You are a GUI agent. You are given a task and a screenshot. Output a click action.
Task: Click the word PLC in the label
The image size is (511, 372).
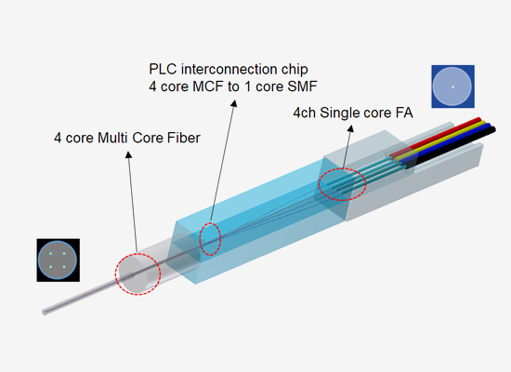pos(164,70)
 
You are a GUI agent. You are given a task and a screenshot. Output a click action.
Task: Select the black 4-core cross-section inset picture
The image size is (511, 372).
pos(58,259)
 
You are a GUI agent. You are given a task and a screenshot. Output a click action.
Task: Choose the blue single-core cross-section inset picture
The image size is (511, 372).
pos(452,86)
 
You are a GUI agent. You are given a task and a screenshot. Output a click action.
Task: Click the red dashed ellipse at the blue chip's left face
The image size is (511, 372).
pos(212,238)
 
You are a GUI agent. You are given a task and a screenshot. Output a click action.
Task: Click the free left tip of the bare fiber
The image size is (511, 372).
pos(43,311)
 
